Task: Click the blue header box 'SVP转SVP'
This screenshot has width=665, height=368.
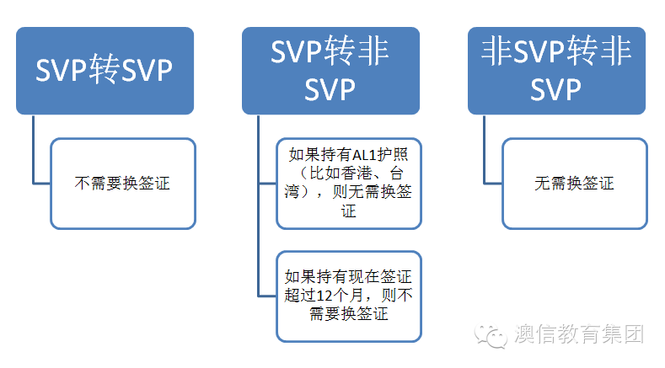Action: pos(105,71)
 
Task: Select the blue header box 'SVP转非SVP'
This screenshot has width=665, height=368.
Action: pos(330,71)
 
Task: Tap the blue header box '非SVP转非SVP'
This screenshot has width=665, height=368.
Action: pos(556,71)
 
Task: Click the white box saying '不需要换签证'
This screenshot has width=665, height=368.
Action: pos(123,183)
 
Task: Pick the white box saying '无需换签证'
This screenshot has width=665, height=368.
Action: pos(574,183)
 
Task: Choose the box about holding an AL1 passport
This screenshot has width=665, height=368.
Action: pos(349,183)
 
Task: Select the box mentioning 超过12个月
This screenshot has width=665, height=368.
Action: pos(349,296)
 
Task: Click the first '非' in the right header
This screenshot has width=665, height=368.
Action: pos(497,53)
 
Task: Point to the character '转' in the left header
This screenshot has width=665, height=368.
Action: pos(105,71)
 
